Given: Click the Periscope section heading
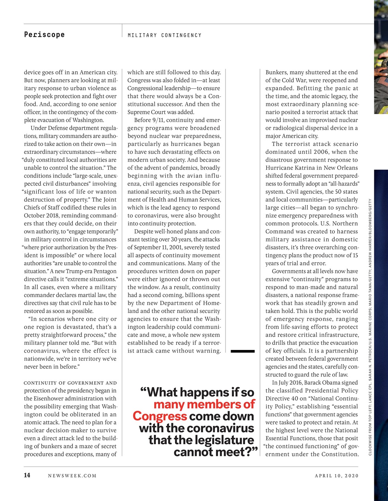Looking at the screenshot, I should [44, 34].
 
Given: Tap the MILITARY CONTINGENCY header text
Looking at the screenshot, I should [164, 35].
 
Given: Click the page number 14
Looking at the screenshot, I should [27, 476].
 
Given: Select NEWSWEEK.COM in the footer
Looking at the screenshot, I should [72, 476].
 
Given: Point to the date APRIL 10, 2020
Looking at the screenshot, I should [336, 476].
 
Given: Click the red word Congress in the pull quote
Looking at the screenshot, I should [159, 416].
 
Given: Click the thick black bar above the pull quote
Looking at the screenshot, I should [242, 351].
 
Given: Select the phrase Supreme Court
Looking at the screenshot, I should [147, 112].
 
